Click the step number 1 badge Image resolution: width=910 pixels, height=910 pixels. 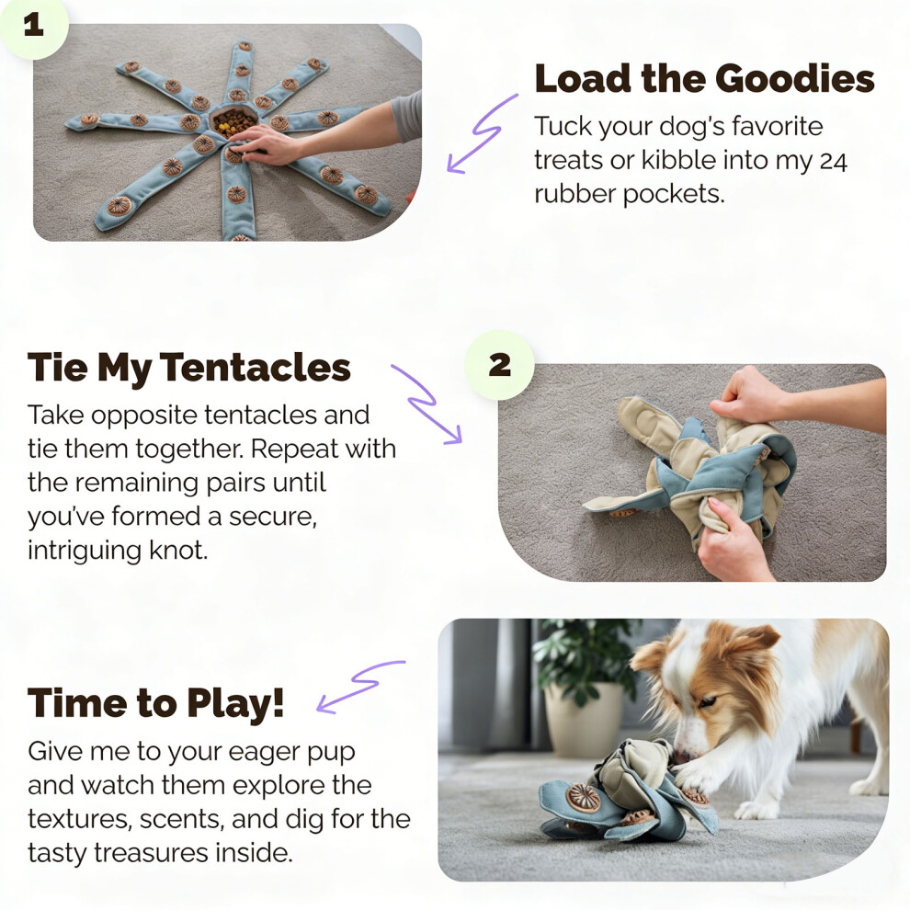pyautogui.click(x=32, y=26)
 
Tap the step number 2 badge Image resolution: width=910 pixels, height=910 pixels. pyautogui.click(x=500, y=365)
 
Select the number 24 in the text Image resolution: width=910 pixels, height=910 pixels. pyautogui.click(x=834, y=162)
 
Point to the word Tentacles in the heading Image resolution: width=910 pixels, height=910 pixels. pyautogui.click(x=255, y=368)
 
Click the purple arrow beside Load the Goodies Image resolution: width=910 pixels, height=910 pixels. pyautogui.click(x=481, y=134)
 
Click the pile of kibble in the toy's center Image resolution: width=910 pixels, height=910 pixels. pyautogui.click(x=233, y=121)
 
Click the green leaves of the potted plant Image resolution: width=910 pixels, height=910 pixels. pyautogui.click(x=580, y=653)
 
